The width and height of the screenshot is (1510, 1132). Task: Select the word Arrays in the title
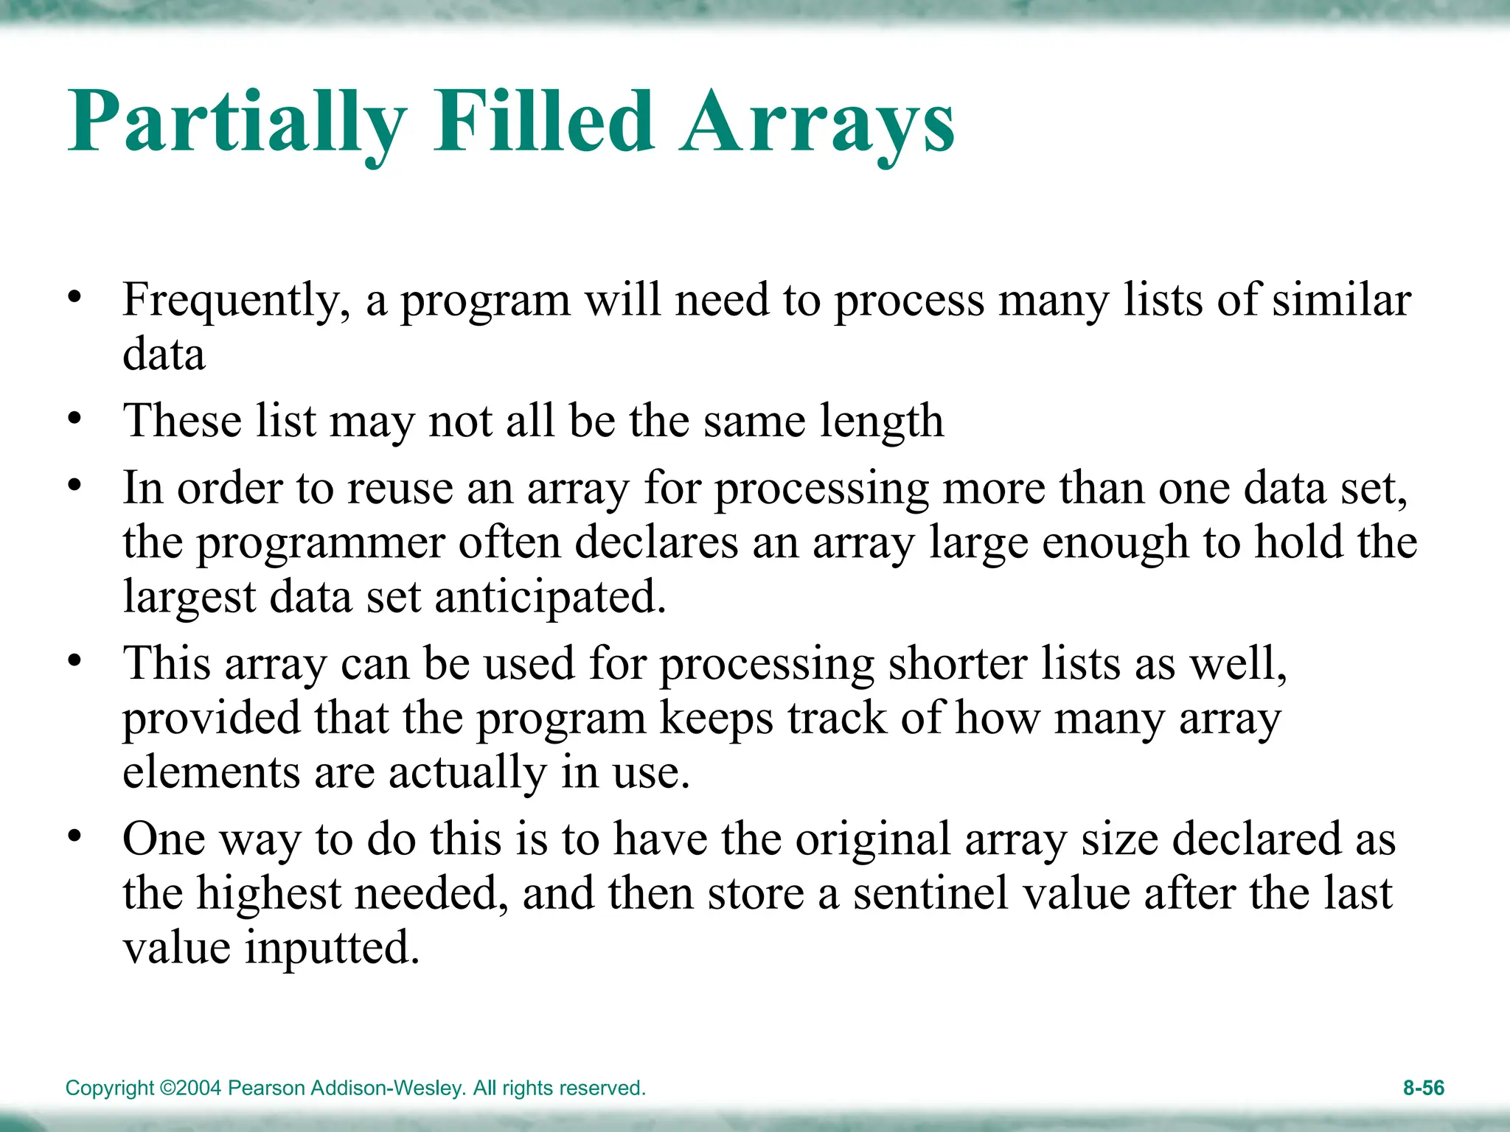tap(816, 122)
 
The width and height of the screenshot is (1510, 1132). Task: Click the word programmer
tap(321, 543)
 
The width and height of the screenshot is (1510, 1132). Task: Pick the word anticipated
tap(550, 596)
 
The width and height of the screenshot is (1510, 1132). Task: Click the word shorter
tap(958, 663)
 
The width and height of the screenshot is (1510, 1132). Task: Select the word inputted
tap(332, 948)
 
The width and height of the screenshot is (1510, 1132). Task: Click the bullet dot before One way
tap(74, 837)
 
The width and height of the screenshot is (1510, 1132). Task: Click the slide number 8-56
tap(1423, 1088)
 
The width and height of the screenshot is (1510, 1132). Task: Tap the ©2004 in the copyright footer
tap(190, 1088)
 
